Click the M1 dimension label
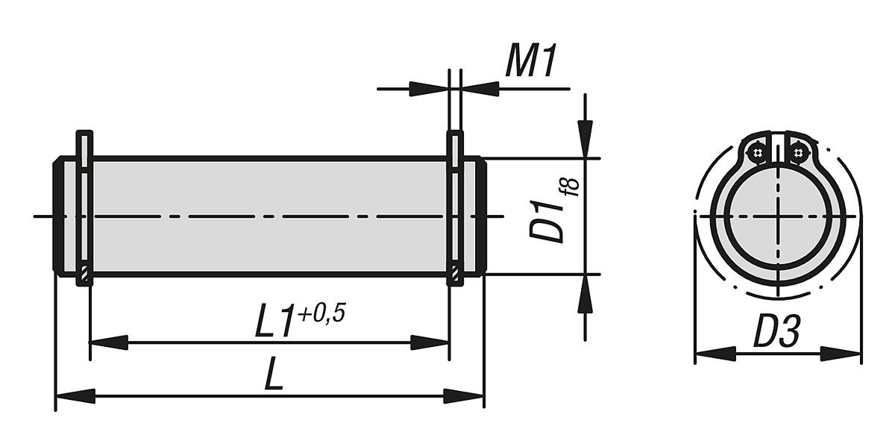[531, 61]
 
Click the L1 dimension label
[274, 323]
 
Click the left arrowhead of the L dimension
[75, 396]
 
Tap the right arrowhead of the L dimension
[464, 396]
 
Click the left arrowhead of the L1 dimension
[109, 343]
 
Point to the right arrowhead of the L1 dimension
[429, 343]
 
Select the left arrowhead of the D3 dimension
[715, 354]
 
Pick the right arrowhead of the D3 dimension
[841, 354]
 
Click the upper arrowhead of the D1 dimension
[585, 139]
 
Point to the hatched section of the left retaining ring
[84, 275]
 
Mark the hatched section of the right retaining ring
[454, 275]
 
